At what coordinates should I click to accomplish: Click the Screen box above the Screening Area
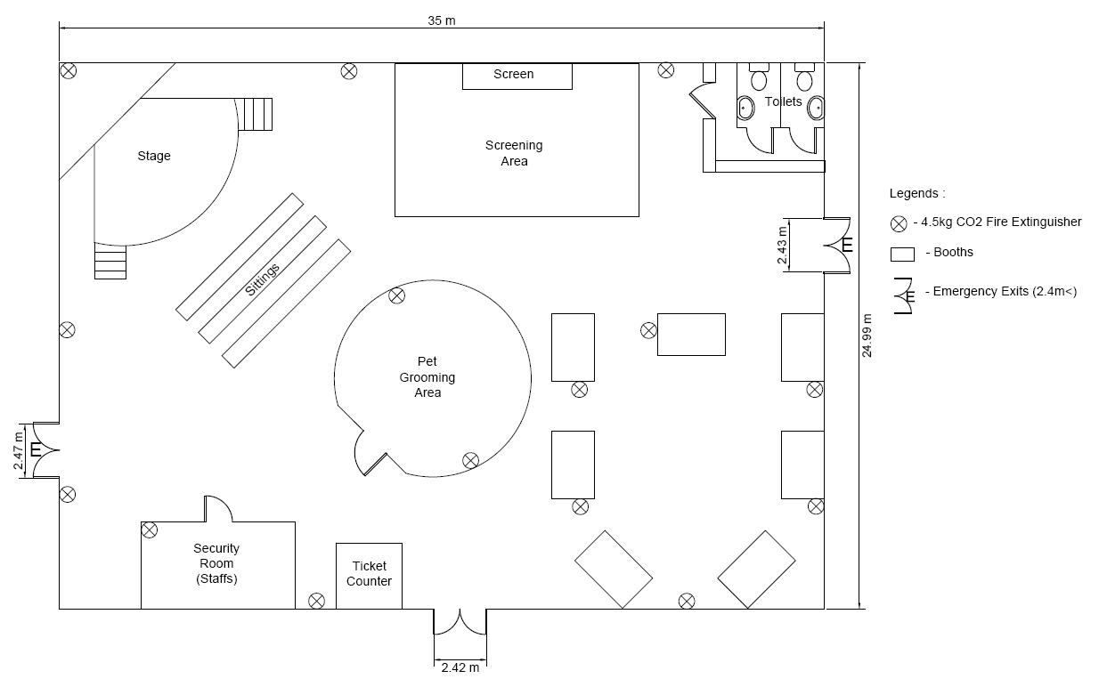pos(517,76)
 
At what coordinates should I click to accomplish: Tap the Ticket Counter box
pos(369,575)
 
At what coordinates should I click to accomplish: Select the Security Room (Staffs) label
pos(216,563)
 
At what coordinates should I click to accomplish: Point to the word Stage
pos(154,157)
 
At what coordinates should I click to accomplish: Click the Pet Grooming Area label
pos(427,377)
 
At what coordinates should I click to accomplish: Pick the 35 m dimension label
pos(441,20)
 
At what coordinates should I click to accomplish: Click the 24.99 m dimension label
pos(867,335)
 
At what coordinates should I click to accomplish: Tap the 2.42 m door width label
pos(460,667)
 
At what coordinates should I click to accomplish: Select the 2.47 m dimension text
pos(20,449)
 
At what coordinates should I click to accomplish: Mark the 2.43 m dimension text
pos(782,245)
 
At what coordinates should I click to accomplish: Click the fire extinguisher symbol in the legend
pos(900,223)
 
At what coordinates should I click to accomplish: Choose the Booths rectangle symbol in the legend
pos(902,254)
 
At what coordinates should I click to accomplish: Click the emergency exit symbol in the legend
pos(904,295)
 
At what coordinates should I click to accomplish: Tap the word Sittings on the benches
pos(263,279)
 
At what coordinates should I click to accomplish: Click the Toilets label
pos(783,102)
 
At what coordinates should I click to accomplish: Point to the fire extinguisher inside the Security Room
pos(150,530)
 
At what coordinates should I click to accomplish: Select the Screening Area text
pos(514,153)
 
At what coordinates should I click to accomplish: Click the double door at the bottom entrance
pos(460,622)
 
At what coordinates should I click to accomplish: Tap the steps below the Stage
pos(110,262)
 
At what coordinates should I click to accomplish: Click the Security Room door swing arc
pos(219,508)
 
